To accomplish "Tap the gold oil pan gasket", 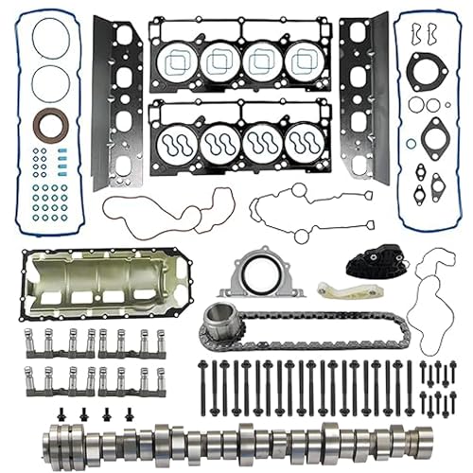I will pos(109,284).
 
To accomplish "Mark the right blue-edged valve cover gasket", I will pos(426,118).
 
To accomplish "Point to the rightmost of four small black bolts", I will pos(129,413).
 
